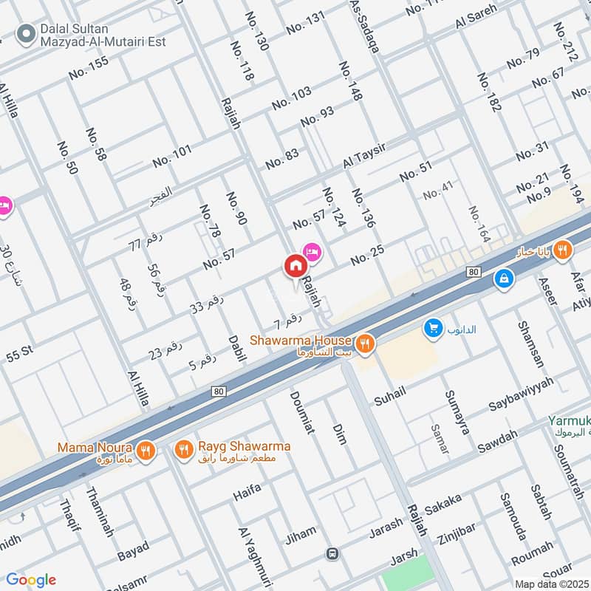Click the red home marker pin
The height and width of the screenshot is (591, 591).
[294, 266]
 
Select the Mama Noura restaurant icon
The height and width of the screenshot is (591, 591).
[146, 450]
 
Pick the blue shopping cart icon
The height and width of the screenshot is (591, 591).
[433, 328]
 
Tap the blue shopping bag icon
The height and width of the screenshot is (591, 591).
[504, 279]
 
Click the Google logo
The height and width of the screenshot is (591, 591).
[31, 580]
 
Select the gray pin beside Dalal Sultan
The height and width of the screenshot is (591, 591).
[27, 33]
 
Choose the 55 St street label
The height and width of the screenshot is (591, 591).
[20, 354]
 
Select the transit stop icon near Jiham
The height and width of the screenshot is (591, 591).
[333, 553]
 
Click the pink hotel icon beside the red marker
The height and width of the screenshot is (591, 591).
[312, 253]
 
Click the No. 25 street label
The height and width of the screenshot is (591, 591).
[367, 256]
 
